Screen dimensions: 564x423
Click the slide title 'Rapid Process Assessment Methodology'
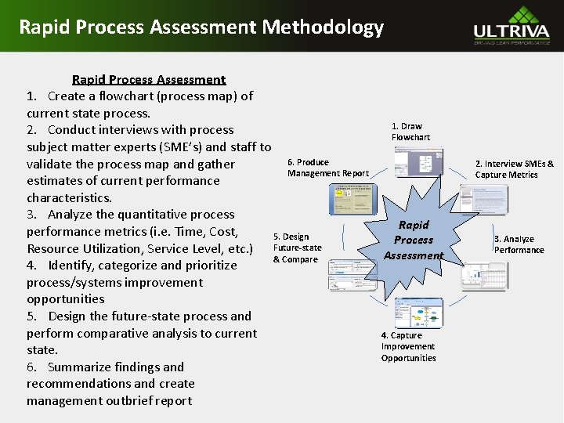(x=201, y=27)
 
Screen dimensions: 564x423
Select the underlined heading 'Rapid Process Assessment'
(x=149, y=79)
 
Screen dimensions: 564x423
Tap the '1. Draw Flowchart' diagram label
(x=410, y=132)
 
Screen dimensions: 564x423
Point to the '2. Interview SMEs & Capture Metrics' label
(x=514, y=169)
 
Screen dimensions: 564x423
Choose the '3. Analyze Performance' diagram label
(x=519, y=244)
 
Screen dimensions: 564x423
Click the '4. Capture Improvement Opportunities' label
(x=408, y=347)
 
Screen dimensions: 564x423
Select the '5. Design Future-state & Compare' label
(x=295, y=248)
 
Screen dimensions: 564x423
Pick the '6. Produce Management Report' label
(x=327, y=168)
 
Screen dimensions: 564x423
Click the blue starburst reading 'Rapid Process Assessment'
(x=414, y=240)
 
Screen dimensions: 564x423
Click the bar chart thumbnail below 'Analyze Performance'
(x=480, y=277)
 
